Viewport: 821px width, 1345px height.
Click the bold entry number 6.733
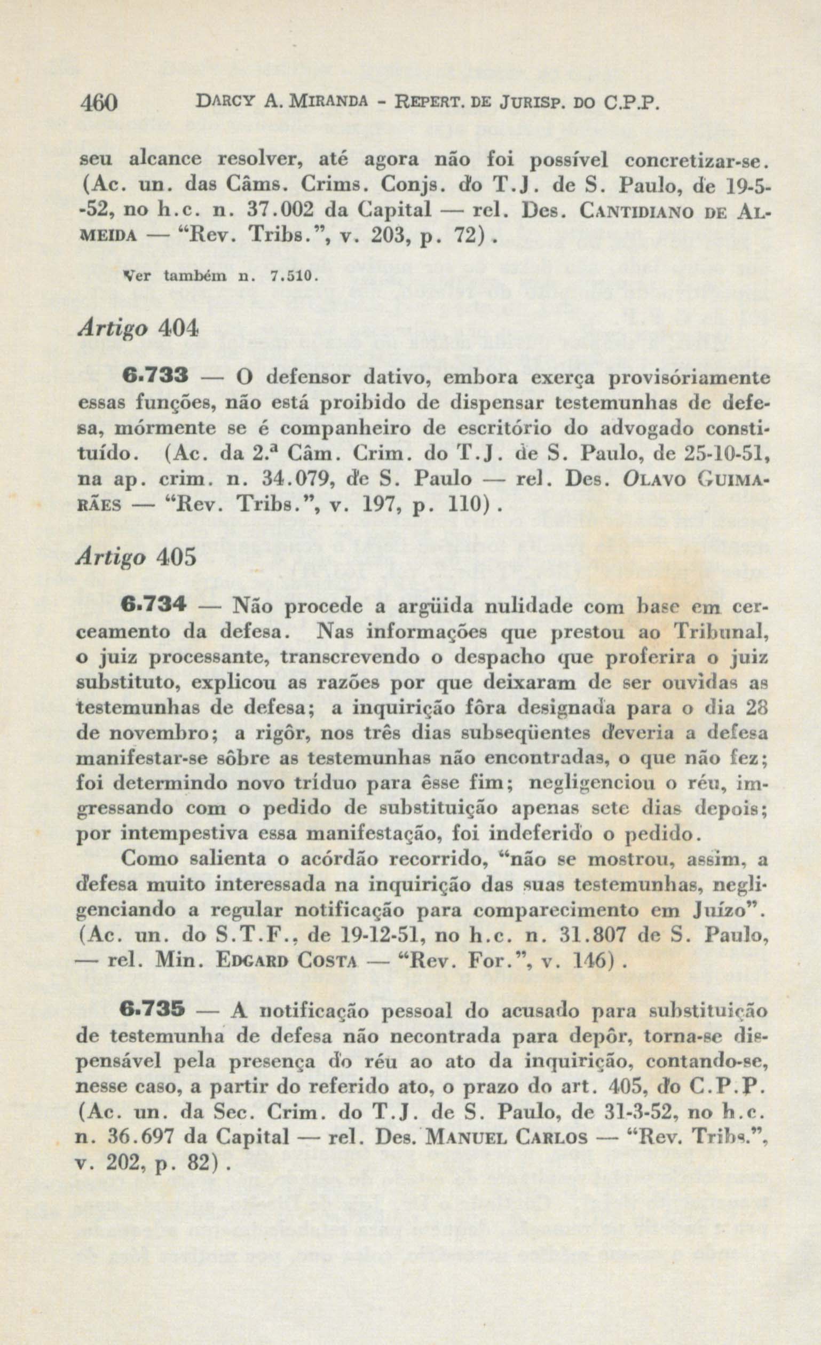coord(155,376)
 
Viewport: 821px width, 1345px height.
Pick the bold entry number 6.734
coord(155,606)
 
